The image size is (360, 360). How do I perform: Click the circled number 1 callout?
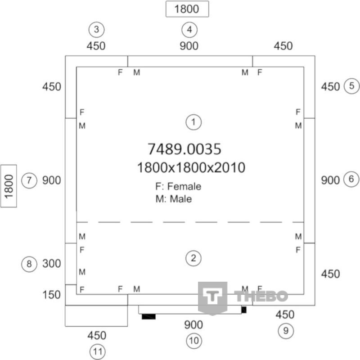pyautogui.click(x=193, y=122)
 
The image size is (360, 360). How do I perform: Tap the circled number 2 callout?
pyautogui.click(x=193, y=258)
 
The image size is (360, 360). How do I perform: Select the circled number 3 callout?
pyautogui.click(x=96, y=29)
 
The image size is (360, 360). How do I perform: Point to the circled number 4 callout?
pyautogui.click(x=189, y=30)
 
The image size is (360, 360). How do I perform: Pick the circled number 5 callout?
pyautogui.click(x=351, y=86)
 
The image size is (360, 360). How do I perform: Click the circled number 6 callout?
pyautogui.click(x=351, y=179)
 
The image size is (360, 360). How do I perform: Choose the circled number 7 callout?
pyautogui.click(x=29, y=180)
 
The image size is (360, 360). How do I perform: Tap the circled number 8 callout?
pyautogui.click(x=29, y=264)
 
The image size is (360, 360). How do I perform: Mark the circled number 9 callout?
pyautogui.click(x=286, y=331)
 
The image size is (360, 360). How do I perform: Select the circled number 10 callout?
pyautogui.click(x=194, y=341)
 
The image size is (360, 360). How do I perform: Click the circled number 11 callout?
pyautogui.click(x=98, y=352)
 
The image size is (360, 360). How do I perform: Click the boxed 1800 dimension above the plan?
pyautogui.click(x=187, y=9)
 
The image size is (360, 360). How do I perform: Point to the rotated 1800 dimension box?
pyautogui.click(x=9, y=186)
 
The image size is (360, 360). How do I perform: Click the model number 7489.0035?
pyautogui.click(x=184, y=149)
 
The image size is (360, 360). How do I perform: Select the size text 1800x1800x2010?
pyautogui.click(x=191, y=167)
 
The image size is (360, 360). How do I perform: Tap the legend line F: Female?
pyautogui.click(x=178, y=186)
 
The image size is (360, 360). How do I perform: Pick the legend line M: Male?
pyautogui.click(x=174, y=199)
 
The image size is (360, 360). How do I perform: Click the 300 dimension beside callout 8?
pyautogui.click(x=51, y=264)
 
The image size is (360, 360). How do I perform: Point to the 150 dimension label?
pyautogui.click(x=51, y=295)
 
